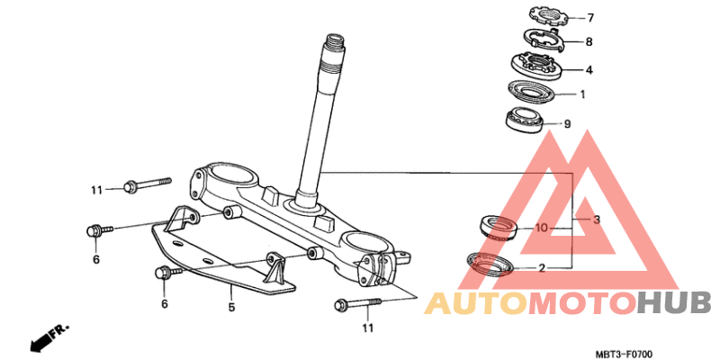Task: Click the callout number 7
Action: click(590, 18)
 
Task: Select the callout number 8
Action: click(589, 42)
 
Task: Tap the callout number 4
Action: click(589, 71)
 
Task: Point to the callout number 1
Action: click(582, 94)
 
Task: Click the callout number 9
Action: click(567, 124)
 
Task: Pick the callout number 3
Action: click(597, 220)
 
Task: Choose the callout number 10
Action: click(542, 229)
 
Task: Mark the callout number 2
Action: click(542, 268)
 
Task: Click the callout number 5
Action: click(231, 307)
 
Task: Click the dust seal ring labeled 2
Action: click(490, 264)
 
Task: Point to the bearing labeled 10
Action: click(498, 228)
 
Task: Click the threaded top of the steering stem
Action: click(334, 51)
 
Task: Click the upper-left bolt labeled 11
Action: click(148, 184)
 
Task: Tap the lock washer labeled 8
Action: click(545, 41)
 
